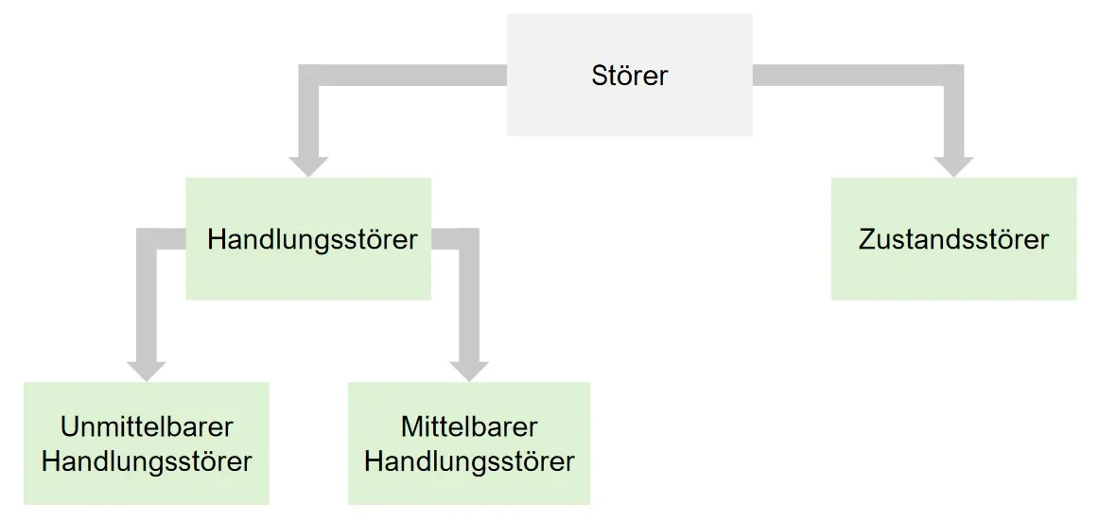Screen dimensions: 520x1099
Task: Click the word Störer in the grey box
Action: pyautogui.click(x=629, y=76)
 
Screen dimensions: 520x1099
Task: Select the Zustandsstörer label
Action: pyautogui.click(x=953, y=239)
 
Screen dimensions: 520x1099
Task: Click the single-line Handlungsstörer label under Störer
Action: pyautogui.click(x=312, y=239)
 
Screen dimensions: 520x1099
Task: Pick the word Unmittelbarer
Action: pyautogui.click(x=147, y=426)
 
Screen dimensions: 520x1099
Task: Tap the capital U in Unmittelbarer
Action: pyautogui.click(x=69, y=426)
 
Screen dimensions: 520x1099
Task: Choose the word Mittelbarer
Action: pyautogui.click(x=469, y=426)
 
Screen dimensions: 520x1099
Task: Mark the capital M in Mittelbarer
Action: pyautogui.click(x=410, y=426)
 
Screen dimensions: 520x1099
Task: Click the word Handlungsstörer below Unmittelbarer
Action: pyautogui.click(x=147, y=461)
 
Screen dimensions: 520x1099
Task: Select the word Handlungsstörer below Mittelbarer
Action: pyautogui.click(x=469, y=461)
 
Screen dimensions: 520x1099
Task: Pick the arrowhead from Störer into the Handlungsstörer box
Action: pyautogui.click(x=308, y=165)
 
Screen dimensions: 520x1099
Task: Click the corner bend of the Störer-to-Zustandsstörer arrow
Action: pyautogui.click(x=953, y=76)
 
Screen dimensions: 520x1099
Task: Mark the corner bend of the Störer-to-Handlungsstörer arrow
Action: pyautogui.click(x=308, y=76)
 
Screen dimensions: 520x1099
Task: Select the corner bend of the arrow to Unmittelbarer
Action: pyautogui.click(x=147, y=238)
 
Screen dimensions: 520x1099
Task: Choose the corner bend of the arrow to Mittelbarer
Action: pyautogui.click(x=469, y=238)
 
